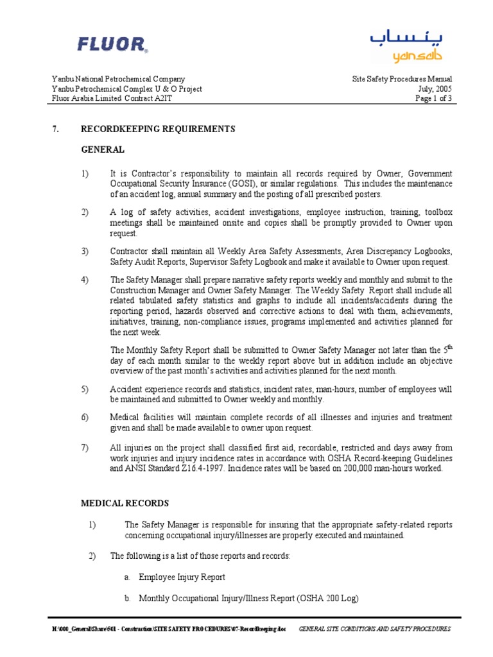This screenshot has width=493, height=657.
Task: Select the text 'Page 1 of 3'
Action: click(433, 99)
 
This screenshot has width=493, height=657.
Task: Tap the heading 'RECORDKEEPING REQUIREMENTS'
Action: click(158, 129)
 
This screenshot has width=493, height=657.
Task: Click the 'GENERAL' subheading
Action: click(102, 149)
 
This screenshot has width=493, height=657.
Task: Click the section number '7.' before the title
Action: click(55, 129)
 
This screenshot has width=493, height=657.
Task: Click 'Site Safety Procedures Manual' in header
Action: click(402, 80)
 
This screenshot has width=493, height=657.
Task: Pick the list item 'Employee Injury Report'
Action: click(182, 577)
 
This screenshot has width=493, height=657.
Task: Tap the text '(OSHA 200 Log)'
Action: click(327, 598)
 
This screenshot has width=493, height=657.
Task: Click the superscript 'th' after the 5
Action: click(449, 347)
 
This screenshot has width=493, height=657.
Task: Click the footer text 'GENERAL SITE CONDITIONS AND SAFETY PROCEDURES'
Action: click(375, 629)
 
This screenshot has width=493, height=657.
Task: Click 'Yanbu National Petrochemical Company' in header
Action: click(118, 80)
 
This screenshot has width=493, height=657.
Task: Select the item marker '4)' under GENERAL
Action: click(85, 280)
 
